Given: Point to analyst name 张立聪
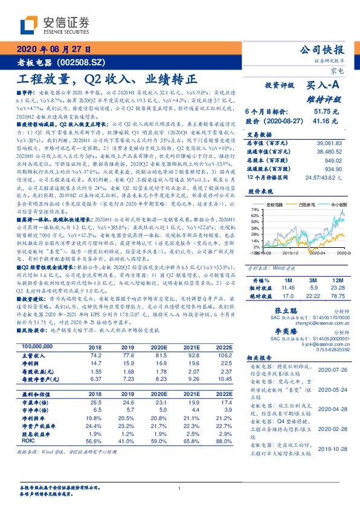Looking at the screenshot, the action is coord(275,310).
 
